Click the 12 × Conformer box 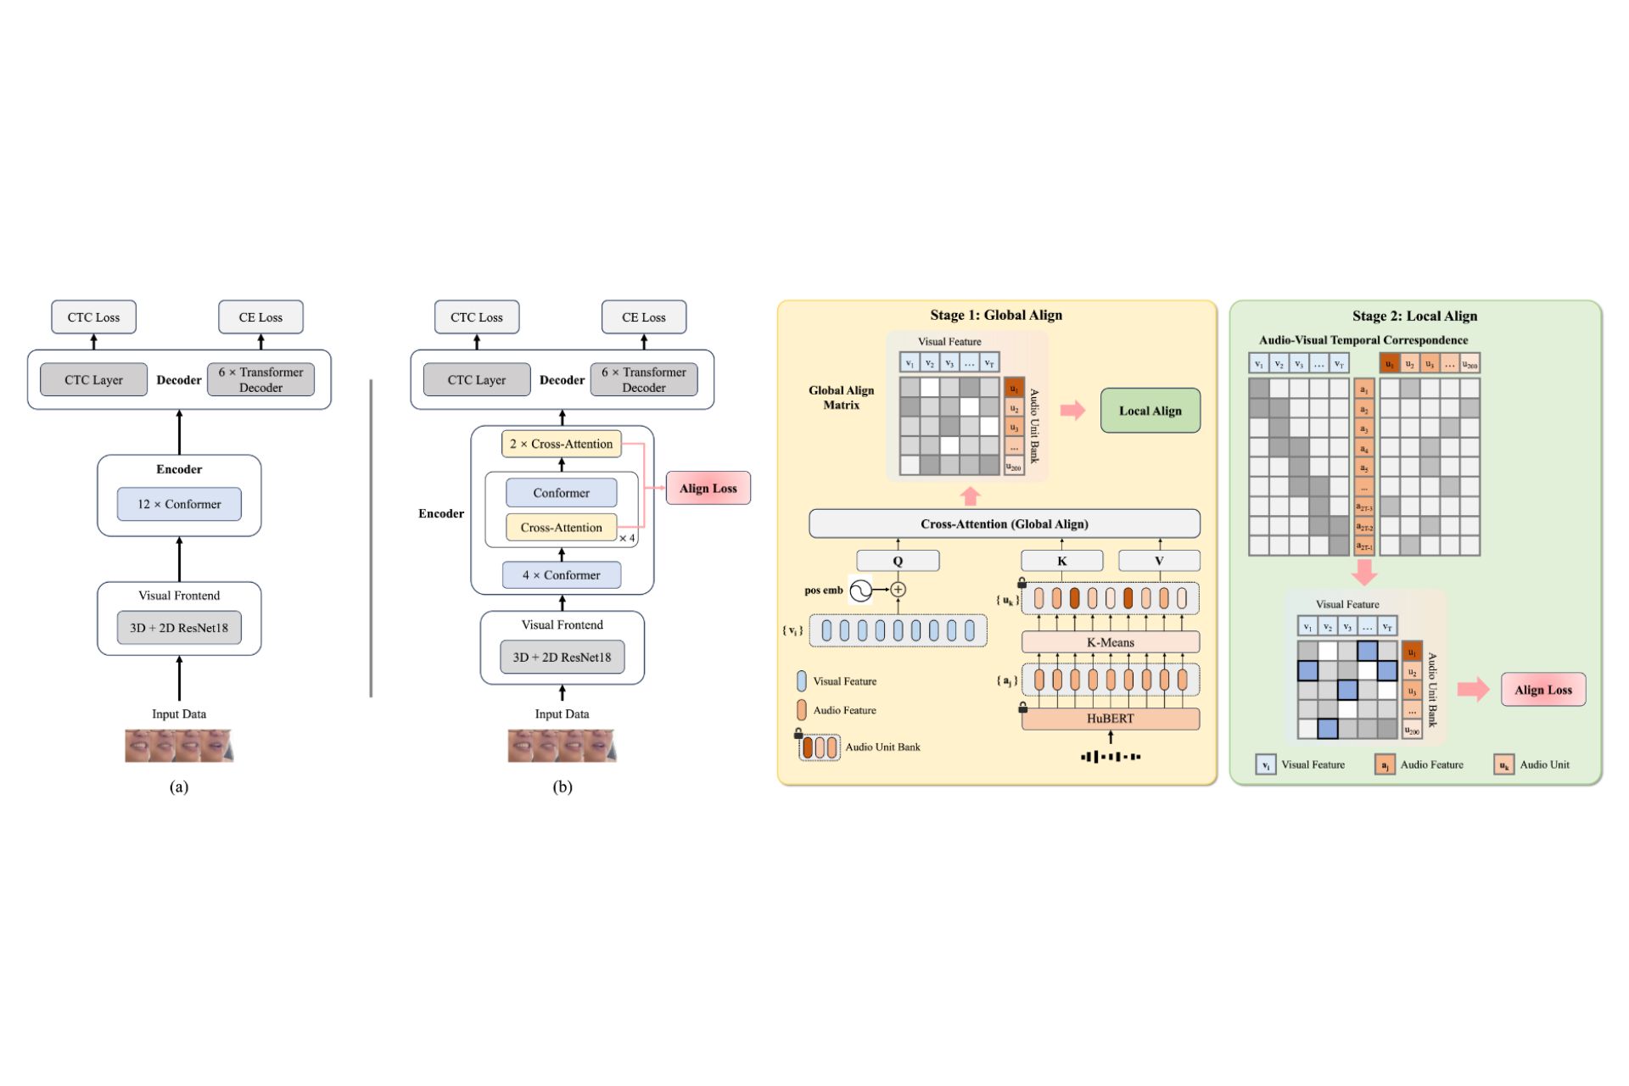(x=179, y=504)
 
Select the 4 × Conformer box (x=561, y=575)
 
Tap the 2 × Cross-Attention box (x=561, y=444)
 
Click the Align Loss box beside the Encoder (x=708, y=488)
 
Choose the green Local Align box (x=1150, y=411)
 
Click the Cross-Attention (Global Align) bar (x=1004, y=523)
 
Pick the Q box (x=898, y=561)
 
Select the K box (x=1061, y=561)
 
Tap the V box (x=1159, y=561)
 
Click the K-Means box (x=1110, y=642)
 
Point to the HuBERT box (x=1110, y=719)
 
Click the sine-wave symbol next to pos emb (x=860, y=590)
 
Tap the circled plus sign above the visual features (x=898, y=590)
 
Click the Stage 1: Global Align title (x=995, y=315)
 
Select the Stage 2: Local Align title (x=1414, y=316)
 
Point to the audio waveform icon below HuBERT (x=1110, y=756)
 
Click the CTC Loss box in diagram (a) (x=93, y=317)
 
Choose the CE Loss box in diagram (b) (x=643, y=317)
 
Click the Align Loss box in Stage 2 (x=1542, y=690)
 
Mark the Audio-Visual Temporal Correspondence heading (x=1363, y=340)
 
